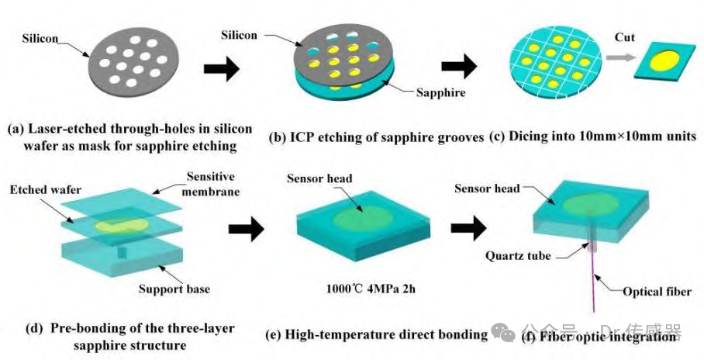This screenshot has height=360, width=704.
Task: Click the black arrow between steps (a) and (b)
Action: click(x=222, y=69)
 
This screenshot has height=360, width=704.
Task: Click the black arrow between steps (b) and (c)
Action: click(x=458, y=67)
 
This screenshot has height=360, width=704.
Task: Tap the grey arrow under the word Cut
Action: click(x=620, y=57)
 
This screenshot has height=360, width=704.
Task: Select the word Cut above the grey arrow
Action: click(x=625, y=37)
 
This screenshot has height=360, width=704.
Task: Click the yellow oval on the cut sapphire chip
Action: click(x=664, y=61)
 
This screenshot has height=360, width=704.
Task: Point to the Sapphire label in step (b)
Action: click(x=440, y=92)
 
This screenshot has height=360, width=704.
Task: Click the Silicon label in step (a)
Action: click(x=40, y=38)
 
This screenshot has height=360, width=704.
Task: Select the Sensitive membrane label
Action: click(x=211, y=184)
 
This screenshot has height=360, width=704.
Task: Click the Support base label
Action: click(x=174, y=289)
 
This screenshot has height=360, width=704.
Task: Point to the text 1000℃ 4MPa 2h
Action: click(x=371, y=289)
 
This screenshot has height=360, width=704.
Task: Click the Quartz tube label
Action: click(x=518, y=256)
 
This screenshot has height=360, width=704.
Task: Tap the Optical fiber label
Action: click(x=657, y=292)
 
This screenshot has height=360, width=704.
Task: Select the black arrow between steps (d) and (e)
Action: click(x=246, y=229)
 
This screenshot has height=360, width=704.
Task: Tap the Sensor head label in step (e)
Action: click(x=319, y=178)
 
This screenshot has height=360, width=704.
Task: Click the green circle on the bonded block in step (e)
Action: click(x=363, y=217)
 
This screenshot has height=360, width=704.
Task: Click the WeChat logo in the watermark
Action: click(x=503, y=332)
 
